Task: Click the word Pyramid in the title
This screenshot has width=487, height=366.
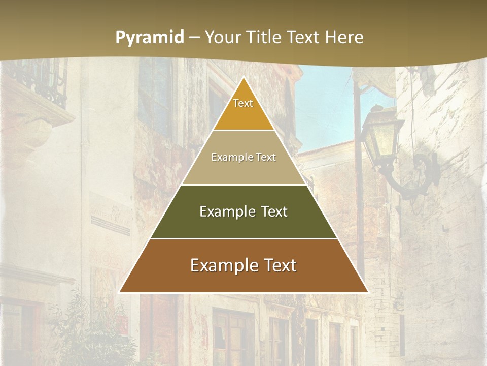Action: click(x=149, y=37)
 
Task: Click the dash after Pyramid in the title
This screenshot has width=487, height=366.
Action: click(x=194, y=38)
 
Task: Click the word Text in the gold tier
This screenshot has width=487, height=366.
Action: click(x=243, y=103)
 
